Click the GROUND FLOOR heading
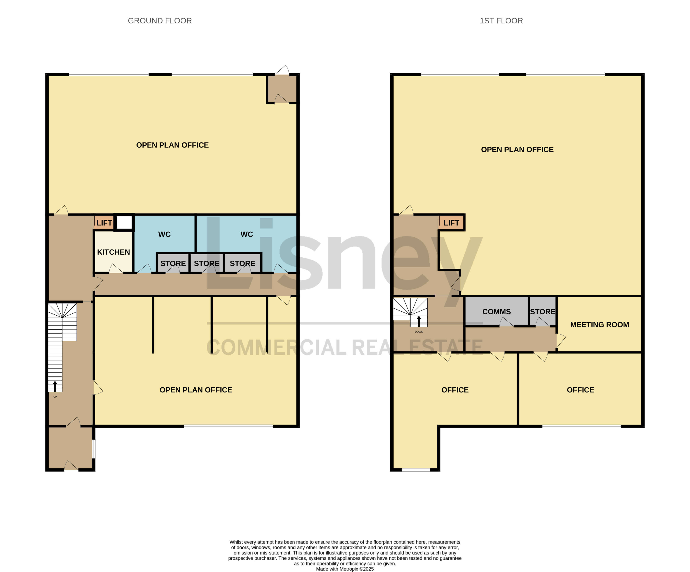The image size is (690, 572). point(160,21)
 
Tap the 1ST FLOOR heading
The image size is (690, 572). point(501,21)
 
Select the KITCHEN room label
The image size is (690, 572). point(113,252)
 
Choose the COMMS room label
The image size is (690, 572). point(496,311)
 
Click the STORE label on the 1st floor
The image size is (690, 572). point(542,311)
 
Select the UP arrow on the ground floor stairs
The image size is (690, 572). point(55,386)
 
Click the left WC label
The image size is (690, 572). point(164,234)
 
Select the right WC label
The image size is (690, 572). point(247,234)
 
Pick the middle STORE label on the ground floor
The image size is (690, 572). point(206,263)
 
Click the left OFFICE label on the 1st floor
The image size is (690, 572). point(455,390)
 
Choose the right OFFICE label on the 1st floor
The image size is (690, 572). point(580,390)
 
